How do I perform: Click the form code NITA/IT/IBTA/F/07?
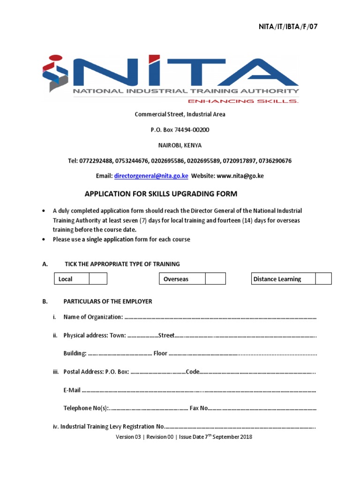pos(288,27)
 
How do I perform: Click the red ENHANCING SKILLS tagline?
pos(243,101)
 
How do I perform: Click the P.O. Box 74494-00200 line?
pos(180,129)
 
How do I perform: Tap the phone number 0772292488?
pos(96,161)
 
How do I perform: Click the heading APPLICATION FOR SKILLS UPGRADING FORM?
pos(161,194)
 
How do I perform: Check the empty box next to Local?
pos(98,279)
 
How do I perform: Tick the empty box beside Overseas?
pos(216,279)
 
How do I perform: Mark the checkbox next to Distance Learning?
pos(323,279)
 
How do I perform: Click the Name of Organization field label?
pos(93,317)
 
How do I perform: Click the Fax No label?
pos(198,408)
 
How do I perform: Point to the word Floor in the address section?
pos(160,353)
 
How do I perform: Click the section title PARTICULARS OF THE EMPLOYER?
pos(108,301)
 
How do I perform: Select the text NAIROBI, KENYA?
pos(180,145)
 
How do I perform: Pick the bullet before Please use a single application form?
pos(44,240)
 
